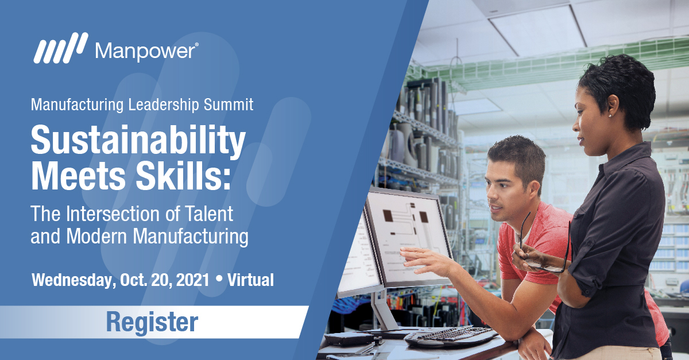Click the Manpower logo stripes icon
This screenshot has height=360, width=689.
(x=60, y=49)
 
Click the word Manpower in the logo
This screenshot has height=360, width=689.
(x=146, y=51)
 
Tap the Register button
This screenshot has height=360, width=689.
(x=152, y=322)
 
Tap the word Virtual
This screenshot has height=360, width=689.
(x=250, y=280)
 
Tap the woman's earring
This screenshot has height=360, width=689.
(x=609, y=115)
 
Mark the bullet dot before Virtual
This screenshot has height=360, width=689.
(x=218, y=280)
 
